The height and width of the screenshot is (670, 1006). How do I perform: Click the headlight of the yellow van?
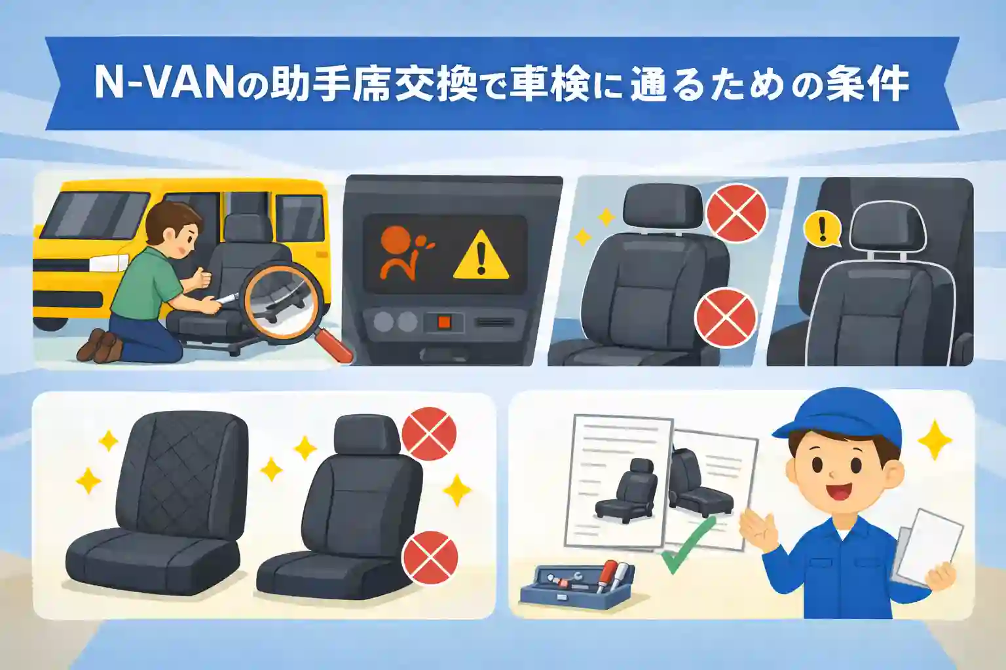point(107,263)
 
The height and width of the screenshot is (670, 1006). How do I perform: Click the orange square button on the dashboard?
point(443,322)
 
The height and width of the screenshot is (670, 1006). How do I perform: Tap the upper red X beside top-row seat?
point(737,213)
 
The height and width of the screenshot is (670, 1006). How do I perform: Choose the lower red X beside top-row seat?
point(725,319)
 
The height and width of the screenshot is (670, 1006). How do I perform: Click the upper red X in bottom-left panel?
point(428,434)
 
